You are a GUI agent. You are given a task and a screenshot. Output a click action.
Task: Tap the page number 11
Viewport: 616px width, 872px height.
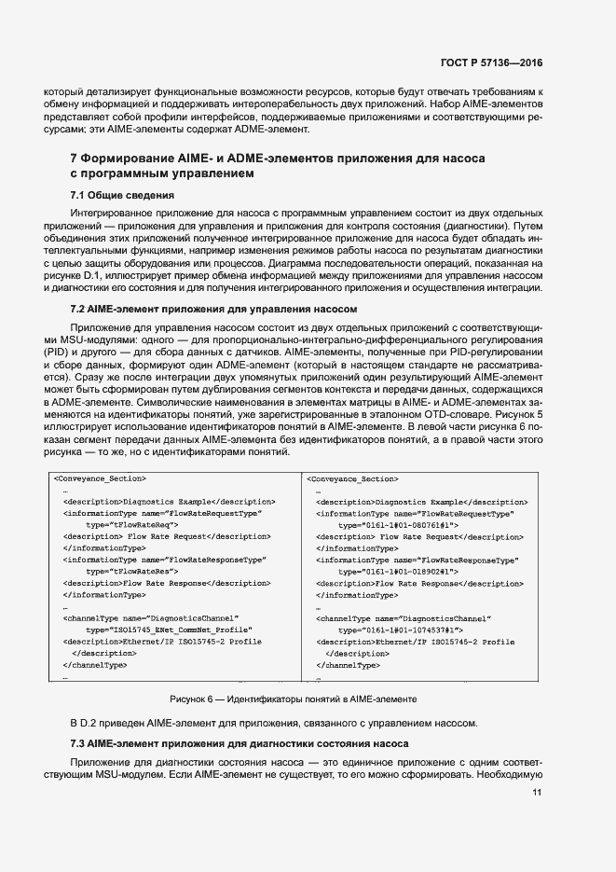[x=538, y=793]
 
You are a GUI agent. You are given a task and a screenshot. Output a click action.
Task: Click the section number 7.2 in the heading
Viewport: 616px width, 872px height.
[x=80, y=309]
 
